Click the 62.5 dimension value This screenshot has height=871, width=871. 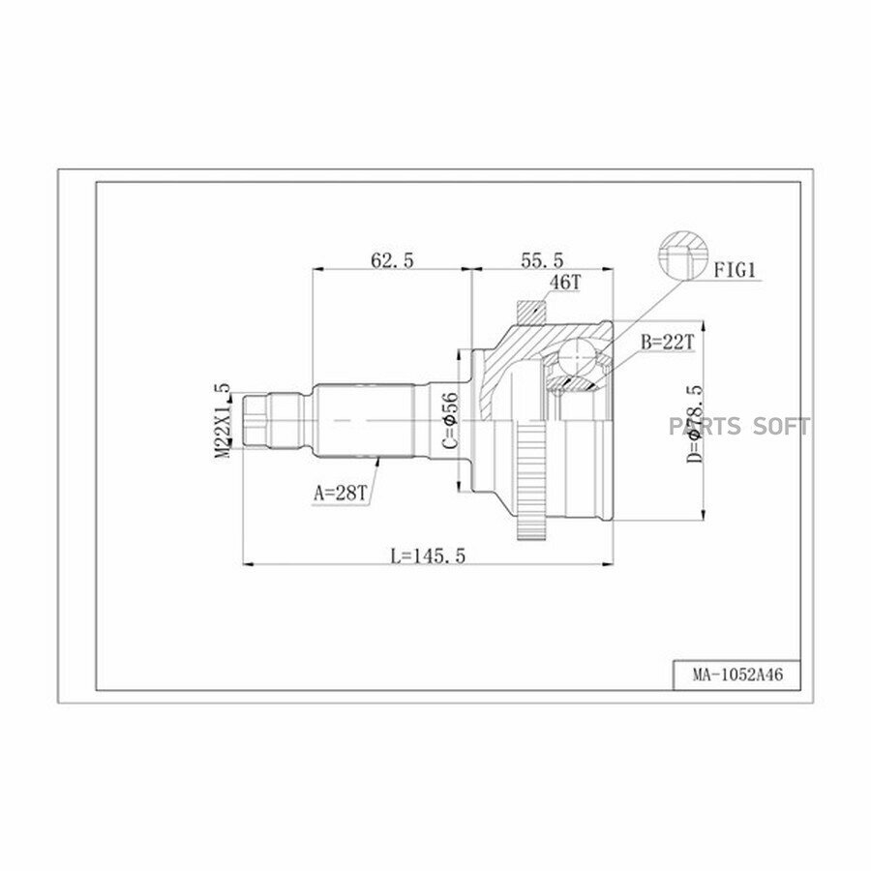pyautogui.click(x=391, y=259)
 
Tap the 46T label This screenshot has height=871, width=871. pyautogui.click(x=564, y=283)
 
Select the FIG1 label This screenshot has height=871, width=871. pyautogui.click(x=735, y=271)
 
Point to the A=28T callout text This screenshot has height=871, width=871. pyautogui.click(x=339, y=492)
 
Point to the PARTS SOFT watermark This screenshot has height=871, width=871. pyautogui.click(x=737, y=426)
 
